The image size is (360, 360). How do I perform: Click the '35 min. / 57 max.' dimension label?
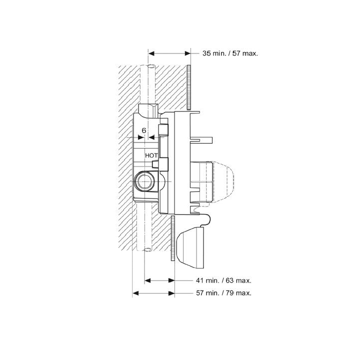(x=230, y=53)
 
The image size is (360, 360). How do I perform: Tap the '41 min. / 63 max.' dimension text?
(x=223, y=280)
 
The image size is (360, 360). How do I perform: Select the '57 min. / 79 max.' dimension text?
(x=223, y=293)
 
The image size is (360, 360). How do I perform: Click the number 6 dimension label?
(x=144, y=130)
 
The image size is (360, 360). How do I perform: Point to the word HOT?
(x=151, y=155)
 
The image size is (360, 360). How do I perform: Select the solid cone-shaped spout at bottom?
(x=190, y=247)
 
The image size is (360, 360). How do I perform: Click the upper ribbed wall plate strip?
(x=188, y=87)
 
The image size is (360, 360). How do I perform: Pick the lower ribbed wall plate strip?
(x=173, y=238)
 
